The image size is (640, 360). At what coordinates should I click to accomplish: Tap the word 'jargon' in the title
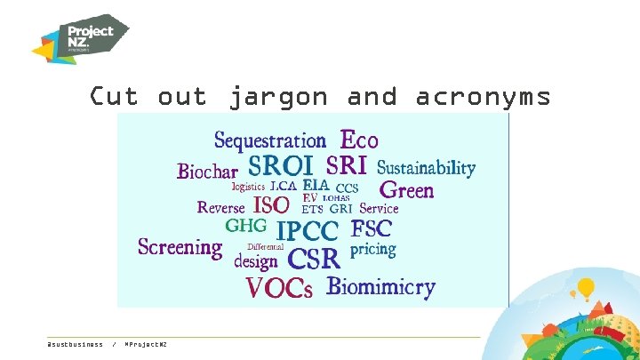point(278,96)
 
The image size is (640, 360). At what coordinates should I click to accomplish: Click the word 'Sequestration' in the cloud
point(270,140)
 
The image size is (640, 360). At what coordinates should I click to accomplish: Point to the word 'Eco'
point(359,140)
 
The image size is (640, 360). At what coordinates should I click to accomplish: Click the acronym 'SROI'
point(280,166)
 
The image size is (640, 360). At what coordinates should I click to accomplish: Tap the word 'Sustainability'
point(426,168)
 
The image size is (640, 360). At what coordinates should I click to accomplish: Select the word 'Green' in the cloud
point(406,189)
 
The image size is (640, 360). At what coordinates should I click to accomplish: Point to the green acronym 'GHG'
point(245,226)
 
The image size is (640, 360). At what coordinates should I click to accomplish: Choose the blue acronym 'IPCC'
point(308,232)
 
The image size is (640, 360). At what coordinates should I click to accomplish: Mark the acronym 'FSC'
point(372,228)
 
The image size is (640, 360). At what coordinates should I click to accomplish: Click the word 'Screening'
point(180,247)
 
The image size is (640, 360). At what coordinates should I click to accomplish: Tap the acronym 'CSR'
point(315,259)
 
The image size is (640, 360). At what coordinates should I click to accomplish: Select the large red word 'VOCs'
point(279,288)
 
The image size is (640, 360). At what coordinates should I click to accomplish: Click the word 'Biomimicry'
point(380,286)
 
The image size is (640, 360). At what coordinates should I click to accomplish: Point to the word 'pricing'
point(372,250)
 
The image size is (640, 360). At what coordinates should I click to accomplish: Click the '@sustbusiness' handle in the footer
point(75,344)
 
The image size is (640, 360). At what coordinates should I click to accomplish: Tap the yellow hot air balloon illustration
point(585,288)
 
